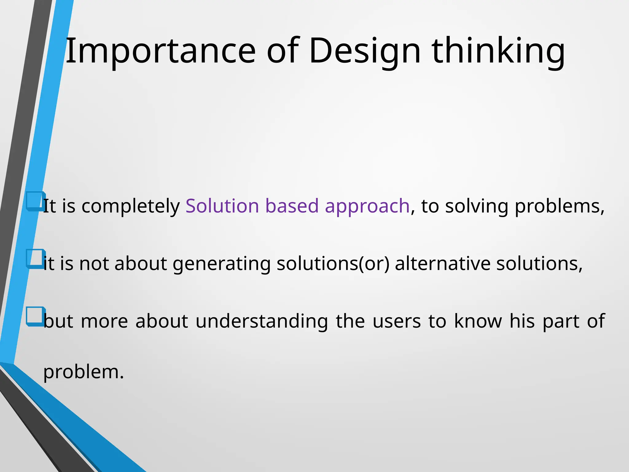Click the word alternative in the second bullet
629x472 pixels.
443,263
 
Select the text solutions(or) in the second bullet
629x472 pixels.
333,264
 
